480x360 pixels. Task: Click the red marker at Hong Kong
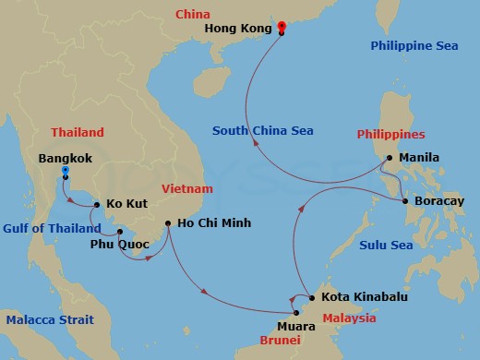(282, 27)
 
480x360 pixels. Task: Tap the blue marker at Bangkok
(65, 171)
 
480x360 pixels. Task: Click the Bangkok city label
(65, 158)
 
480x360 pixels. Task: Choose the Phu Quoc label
(120, 245)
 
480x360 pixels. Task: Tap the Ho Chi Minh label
(215, 222)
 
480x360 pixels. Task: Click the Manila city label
(419, 158)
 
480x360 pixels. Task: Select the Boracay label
(439, 200)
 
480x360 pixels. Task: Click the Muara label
(296, 326)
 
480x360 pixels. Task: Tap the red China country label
(193, 15)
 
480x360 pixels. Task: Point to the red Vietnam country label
(186, 188)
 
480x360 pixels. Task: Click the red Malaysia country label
(349, 318)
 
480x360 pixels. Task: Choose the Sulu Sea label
(385, 245)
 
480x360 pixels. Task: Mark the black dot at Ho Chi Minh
(167, 222)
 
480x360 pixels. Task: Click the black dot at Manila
(390, 158)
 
